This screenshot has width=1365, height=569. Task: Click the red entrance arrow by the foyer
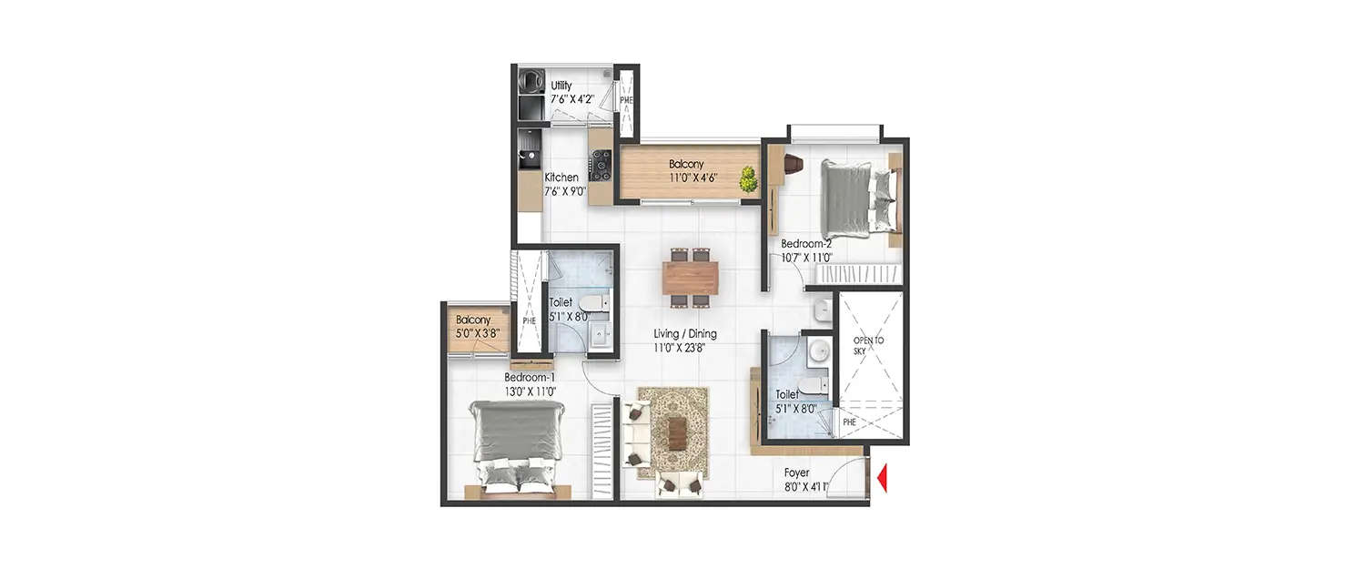pyautogui.click(x=881, y=479)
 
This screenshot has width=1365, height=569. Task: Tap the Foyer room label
pyautogui.click(x=797, y=473)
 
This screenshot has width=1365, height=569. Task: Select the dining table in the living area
pyautogui.click(x=691, y=278)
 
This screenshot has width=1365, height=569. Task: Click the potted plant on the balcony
pyautogui.click(x=749, y=178)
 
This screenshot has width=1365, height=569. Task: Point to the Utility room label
pyautogui.click(x=561, y=86)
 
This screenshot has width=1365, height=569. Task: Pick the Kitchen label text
pyautogui.click(x=561, y=178)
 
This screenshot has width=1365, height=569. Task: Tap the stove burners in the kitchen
pyautogui.click(x=600, y=165)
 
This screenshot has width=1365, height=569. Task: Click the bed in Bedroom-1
pyautogui.click(x=516, y=446)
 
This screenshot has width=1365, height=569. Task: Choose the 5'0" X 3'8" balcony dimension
pyautogui.click(x=477, y=334)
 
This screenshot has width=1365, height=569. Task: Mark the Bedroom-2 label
pyautogui.click(x=806, y=244)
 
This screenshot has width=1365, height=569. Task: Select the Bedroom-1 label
pyautogui.click(x=530, y=377)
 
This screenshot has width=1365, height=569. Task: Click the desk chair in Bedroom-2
pyautogui.click(x=791, y=164)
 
